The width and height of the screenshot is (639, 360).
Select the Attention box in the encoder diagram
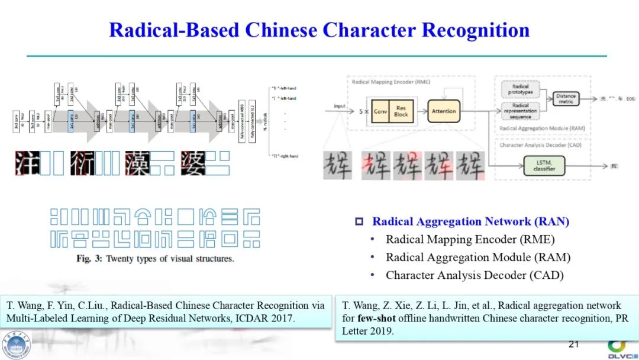[x=444, y=111]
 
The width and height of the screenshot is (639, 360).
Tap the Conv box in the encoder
[x=380, y=111]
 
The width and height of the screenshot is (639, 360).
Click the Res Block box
[x=401, y=111]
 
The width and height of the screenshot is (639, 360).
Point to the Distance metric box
[x=566, y=99]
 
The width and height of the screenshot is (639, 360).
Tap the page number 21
[x=573, y=344]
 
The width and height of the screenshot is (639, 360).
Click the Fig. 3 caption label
[x=89, y=259]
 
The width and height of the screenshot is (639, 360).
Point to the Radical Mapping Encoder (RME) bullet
[x=470, y=240]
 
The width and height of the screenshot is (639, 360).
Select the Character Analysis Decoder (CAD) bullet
[x=475, y=275]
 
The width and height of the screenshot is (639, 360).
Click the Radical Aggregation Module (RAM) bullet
[x=478, y=258]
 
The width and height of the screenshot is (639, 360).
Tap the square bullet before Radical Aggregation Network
[x=359, y=222]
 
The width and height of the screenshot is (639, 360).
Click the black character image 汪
[x=27, y=163]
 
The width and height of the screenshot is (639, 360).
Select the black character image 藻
[x=137, y=163]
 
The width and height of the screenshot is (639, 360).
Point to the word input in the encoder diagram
[x=340, y=107]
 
